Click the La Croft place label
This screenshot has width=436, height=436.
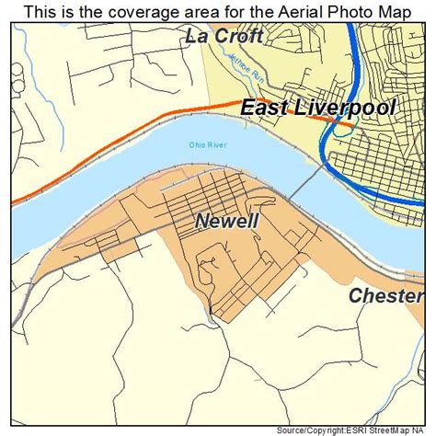click(224, 38)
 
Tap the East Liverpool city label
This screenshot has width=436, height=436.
click(318, 108)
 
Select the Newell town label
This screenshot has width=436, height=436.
click(226, 222)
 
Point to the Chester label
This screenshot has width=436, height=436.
click(385, 296)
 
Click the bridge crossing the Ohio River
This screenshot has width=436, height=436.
click(303, 182)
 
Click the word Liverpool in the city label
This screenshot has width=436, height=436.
click(348, 108)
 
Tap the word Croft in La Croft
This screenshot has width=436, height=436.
click(238, 38)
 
